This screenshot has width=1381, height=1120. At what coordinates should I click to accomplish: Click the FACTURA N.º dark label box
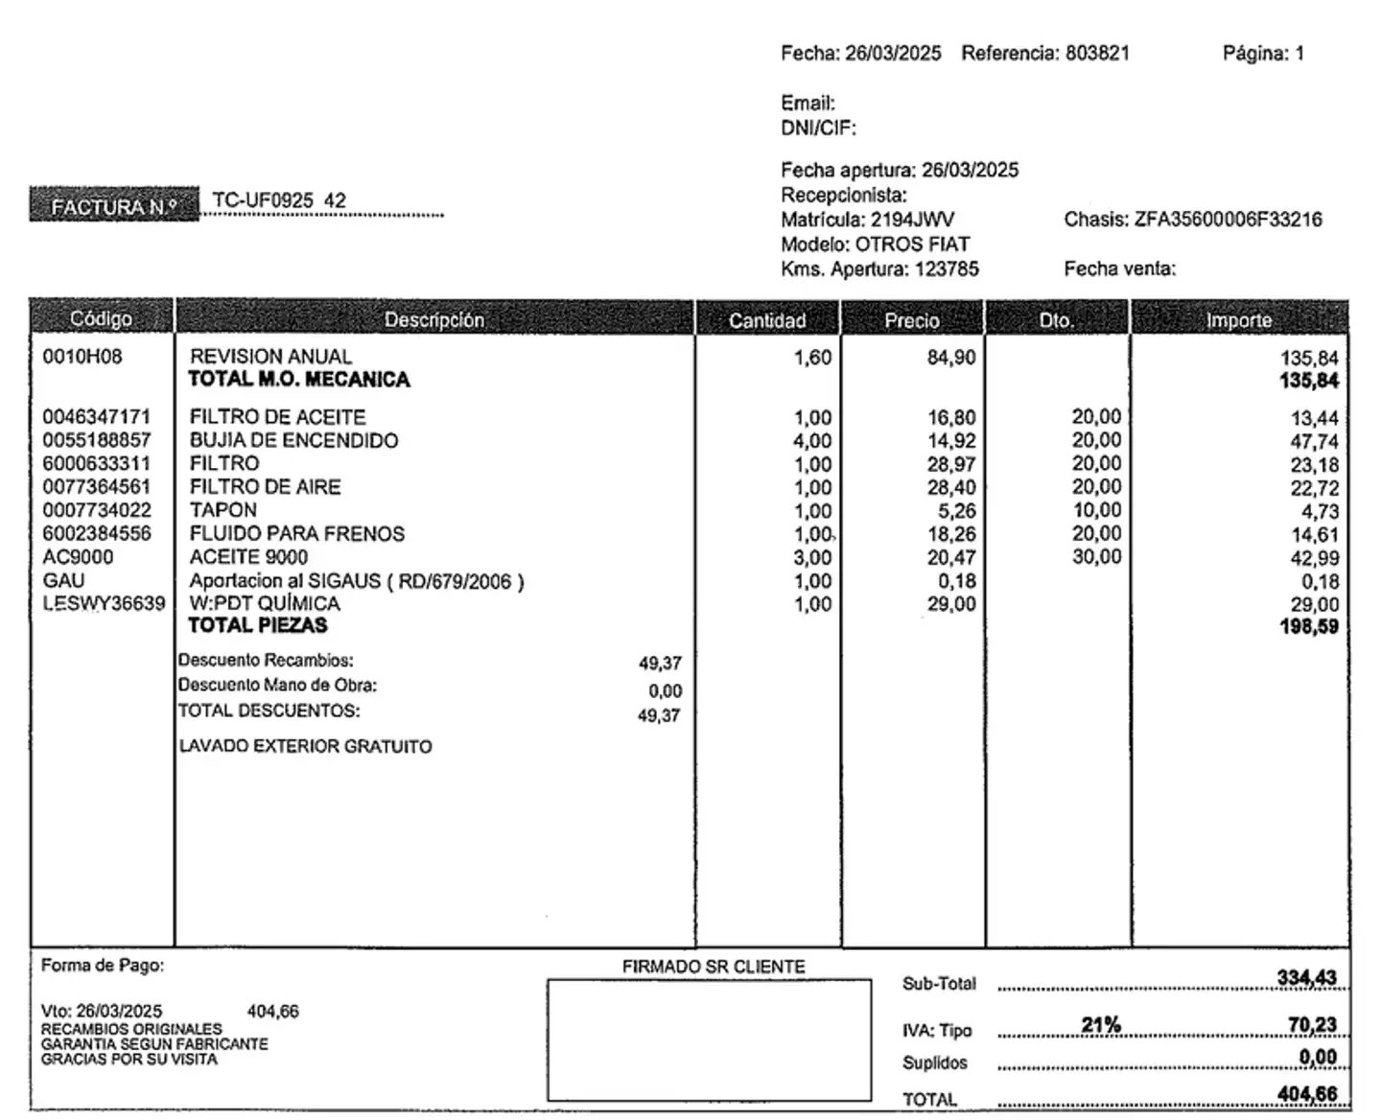point(114,205)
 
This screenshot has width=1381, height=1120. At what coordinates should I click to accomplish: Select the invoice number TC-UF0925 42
point(278,200)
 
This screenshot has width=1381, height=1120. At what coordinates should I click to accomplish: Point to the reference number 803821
point(1097,54)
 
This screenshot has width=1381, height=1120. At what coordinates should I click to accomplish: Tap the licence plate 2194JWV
point(912,220)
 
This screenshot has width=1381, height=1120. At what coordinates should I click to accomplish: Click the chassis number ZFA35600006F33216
point(1228,220)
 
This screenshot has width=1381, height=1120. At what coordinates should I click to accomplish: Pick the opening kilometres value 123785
point(947,269)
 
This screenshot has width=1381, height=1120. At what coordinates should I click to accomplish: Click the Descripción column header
point(433,319)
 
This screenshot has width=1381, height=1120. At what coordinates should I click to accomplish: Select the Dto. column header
point(1056,319)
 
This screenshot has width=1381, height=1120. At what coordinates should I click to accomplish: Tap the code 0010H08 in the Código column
point(82,357)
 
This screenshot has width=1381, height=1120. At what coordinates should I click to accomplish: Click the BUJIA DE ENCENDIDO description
point(293,440)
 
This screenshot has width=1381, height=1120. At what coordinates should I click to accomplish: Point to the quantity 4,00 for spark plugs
point(812,441)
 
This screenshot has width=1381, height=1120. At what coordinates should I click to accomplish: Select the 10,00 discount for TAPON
point(1096,510)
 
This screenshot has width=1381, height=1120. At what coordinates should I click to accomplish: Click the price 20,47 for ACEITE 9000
point(951,557)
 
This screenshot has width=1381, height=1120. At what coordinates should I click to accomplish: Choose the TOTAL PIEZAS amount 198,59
point(1308,627)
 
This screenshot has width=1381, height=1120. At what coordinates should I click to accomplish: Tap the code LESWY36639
point(104,604)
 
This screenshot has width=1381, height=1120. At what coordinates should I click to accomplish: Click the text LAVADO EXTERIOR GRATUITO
point(305,746)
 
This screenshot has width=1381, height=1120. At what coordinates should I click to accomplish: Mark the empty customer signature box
point(709,1039)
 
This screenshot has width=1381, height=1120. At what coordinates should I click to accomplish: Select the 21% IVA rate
point(1101,1025)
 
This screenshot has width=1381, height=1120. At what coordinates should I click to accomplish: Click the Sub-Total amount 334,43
point(1306,978)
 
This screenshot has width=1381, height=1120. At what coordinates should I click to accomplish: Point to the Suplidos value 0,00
point(1318,1057)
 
